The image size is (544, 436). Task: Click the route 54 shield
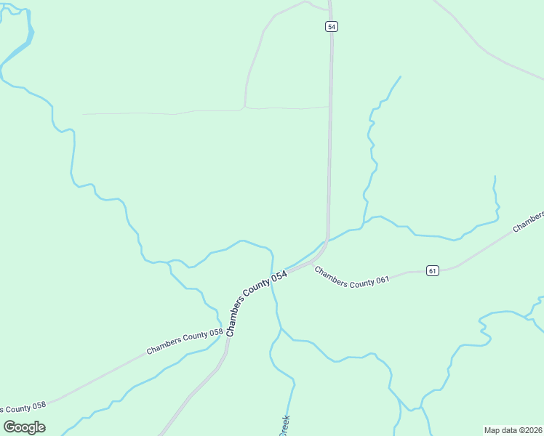[332, 26]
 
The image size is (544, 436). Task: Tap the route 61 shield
[433, 271]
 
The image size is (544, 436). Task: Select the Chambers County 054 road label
[256, 304]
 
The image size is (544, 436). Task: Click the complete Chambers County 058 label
[185, 342]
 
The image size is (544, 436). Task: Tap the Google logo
[25, 427]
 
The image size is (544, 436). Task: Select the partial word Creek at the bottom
[284, 426]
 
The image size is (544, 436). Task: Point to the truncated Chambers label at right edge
[529, 222]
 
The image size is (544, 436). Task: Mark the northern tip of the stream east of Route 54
[401, 76]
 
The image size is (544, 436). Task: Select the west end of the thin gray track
[83, 114]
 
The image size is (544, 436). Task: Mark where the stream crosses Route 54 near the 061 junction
[323, 243]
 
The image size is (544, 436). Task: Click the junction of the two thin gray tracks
[244, 108]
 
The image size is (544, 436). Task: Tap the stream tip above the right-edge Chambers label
[495, 176]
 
